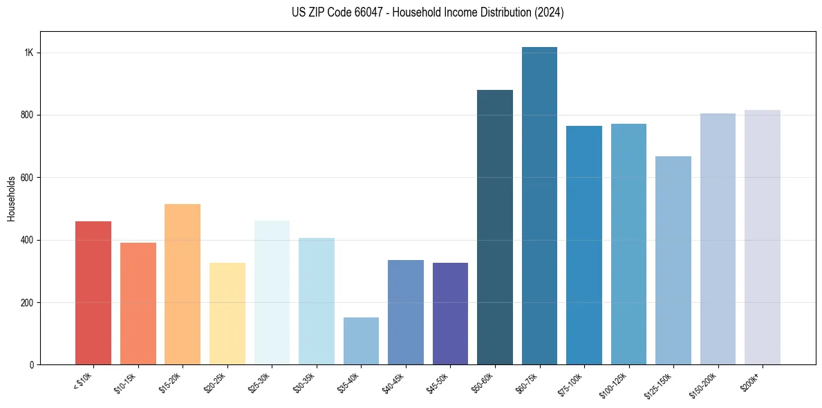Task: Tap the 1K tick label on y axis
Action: click(x=29, y=53)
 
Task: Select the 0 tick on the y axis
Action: click(x=31, y=364)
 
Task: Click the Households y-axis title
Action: click(x=11, y=198)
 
